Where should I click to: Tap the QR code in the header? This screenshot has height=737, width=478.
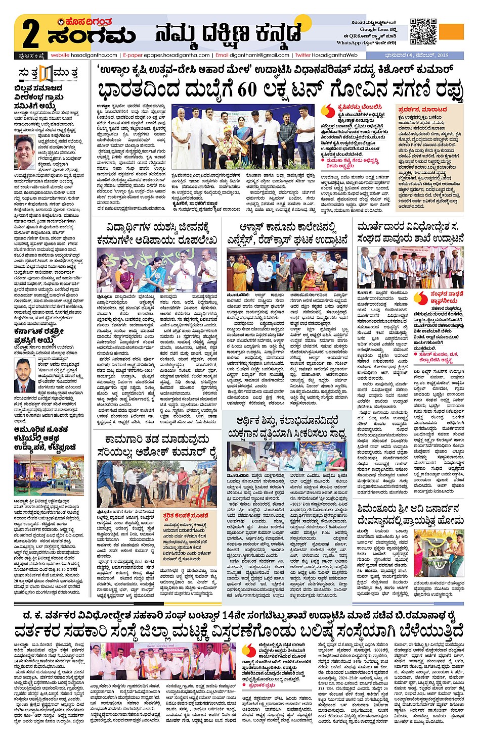tap(423, 31)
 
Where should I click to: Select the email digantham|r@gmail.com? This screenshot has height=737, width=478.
tap(258, 55)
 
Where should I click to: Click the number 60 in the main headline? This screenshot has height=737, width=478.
tap(247, 90)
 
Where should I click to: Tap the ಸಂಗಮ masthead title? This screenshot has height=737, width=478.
tap(92, 36)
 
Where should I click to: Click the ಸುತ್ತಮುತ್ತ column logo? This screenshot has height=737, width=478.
tap(48, 73)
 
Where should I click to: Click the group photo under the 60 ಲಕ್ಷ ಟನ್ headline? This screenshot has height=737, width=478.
tap(243, 137)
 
